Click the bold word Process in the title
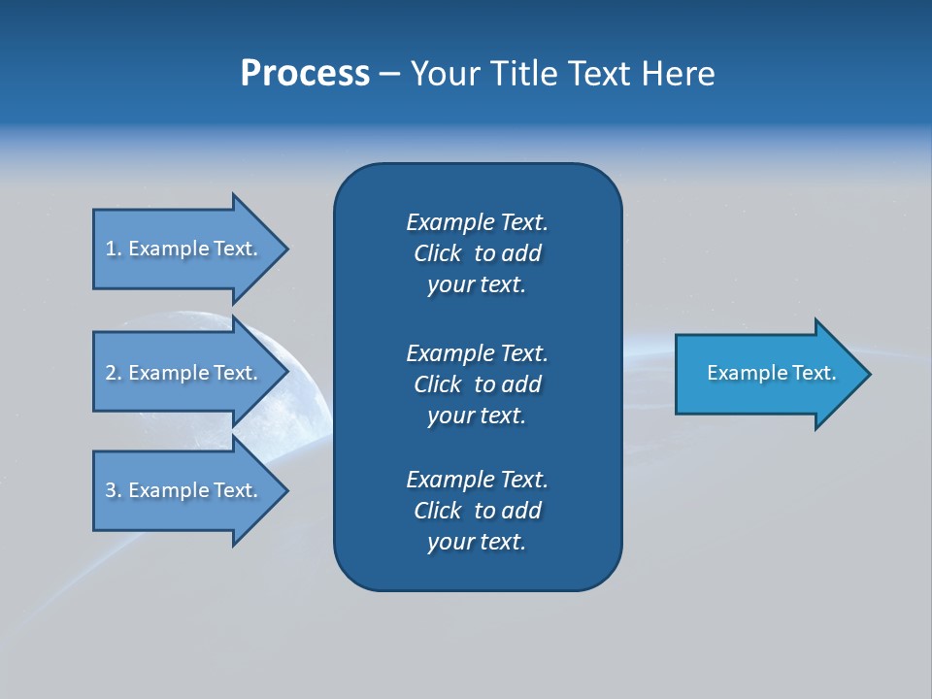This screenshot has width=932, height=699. pyautogui.click(x=305, y=74)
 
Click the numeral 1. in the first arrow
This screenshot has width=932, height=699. pyautogui.click(x=113, y=249)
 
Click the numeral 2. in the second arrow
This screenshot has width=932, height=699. pyautogui.click(x=113, y=373)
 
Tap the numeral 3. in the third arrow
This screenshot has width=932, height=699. pyautogui.click(x=113, y=490)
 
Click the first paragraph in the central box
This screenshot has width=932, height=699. pyautogui.click(x=477, y=253)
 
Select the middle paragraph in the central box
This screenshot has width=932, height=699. pyautogui.click(x=477, y=384)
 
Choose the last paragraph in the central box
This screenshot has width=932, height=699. pyautogui.click(x=477, y=511)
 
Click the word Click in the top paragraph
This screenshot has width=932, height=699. pyautogui.click(x=437, y=253)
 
